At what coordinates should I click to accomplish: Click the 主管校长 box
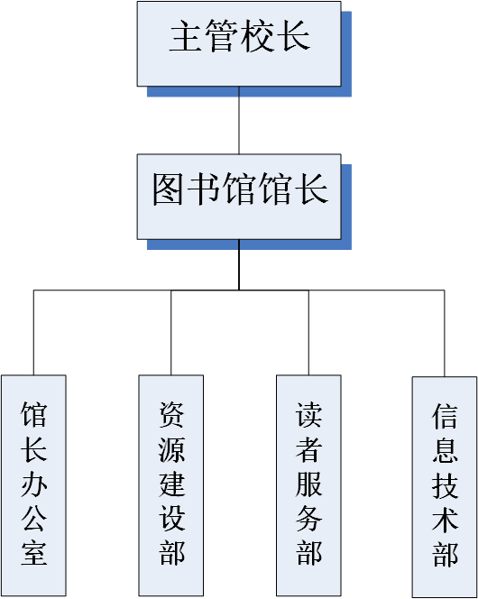coord(239,43)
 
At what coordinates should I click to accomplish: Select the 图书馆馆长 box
coord(239,197)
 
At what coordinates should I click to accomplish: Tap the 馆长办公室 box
coord(33,485)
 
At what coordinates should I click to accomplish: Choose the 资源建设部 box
coord(171,485)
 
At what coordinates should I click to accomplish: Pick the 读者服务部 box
coord(308,485)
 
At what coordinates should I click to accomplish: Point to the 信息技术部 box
coord(445,487)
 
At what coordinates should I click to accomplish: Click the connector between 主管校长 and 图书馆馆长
coord(239,120)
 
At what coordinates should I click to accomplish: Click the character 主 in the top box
coord(186,35)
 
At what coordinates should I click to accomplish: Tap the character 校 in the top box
coord(257,35)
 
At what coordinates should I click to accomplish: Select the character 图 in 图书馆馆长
coord(168,189)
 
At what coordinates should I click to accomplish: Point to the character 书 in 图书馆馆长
coord(203,189)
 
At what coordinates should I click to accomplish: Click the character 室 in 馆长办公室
coord(34,552)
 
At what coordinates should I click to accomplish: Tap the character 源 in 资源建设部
coord(171,449)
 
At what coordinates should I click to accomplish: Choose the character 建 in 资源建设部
coord(171,484)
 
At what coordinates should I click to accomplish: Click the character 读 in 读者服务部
coord(308,415)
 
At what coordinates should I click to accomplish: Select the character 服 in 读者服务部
coord(308,484)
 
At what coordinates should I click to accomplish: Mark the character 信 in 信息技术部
coord(445,417)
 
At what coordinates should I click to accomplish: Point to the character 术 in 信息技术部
coord(445,520)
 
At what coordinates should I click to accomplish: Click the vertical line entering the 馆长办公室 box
coord(33,332)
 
